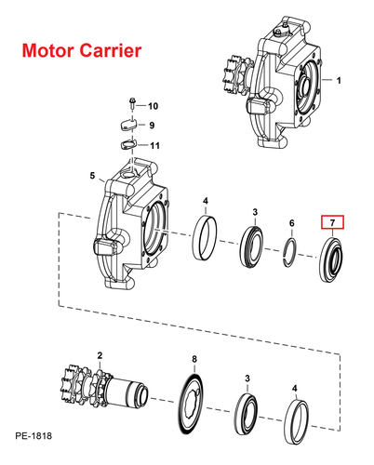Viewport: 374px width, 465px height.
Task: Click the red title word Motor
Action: pos(47,50)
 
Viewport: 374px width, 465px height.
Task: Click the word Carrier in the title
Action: pos(110,50)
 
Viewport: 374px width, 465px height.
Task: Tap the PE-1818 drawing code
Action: pos(33,436)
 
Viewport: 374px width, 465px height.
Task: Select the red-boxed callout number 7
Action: pos(332,222)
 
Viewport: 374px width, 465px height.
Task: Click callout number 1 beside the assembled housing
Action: pos(339,80)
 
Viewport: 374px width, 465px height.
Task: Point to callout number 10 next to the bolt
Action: pos(153,106)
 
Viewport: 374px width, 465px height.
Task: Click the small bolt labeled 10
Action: pos(132,103)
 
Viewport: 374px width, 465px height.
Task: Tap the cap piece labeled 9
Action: pos(127,126)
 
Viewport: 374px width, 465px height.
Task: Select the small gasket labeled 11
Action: pos(127,144)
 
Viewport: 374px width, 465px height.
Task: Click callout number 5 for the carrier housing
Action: pos(92,176)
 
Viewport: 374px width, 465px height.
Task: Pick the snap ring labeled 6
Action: pos(290,252)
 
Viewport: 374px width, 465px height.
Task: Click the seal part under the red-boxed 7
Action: pos(331,259)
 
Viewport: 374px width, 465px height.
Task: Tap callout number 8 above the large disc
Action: pos(194,359)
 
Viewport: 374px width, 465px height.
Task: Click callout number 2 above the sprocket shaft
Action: pos(100,355)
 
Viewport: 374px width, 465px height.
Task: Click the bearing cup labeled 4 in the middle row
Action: pos(205,237)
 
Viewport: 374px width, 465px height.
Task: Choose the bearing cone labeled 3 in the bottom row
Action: pos(246,415)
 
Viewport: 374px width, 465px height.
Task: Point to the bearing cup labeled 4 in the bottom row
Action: pos(296,422)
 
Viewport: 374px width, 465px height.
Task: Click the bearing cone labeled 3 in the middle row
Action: pos(252,246)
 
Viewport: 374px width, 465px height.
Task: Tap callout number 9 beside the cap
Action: pos(152,126)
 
